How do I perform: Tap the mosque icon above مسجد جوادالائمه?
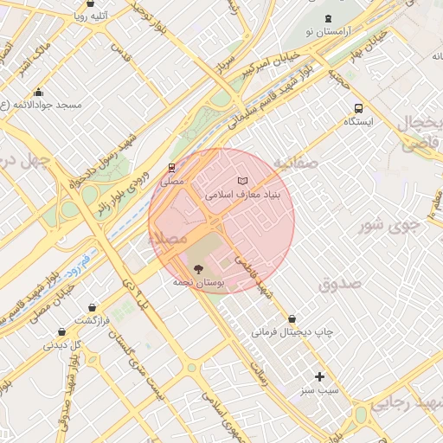pos(38,93)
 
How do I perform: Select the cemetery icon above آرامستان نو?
pos(327,19)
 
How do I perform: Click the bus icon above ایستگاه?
pos(358,109)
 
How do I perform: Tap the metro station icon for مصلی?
pos(171,169)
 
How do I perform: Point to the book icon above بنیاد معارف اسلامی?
pos(241,181)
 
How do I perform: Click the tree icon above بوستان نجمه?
pos(198,269)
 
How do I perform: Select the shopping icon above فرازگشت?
pos(93,307)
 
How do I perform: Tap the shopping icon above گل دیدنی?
pos(61,331)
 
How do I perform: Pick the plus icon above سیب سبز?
pos(319,376)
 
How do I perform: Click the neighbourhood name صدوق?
pos(338,283)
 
